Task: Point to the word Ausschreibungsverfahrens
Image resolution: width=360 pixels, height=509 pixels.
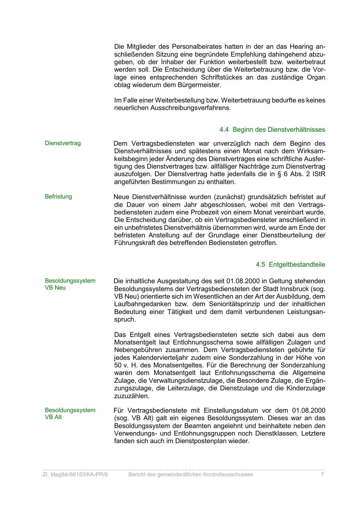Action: coord(191,108)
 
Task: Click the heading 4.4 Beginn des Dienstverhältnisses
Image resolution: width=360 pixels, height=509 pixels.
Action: coord(272,129)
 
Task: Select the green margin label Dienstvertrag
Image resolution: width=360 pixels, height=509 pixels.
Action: coord(63,143)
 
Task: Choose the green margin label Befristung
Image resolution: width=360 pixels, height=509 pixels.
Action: coord(58,196)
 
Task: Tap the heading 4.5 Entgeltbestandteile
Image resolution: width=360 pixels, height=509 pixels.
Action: coord(290,265)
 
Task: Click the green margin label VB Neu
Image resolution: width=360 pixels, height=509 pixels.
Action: coord(55,288)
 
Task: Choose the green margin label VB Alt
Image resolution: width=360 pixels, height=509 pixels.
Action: coord(53,417)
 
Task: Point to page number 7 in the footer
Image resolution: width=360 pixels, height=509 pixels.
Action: coord(322,474)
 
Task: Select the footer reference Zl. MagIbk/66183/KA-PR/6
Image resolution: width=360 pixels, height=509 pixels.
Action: coord(75,474)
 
